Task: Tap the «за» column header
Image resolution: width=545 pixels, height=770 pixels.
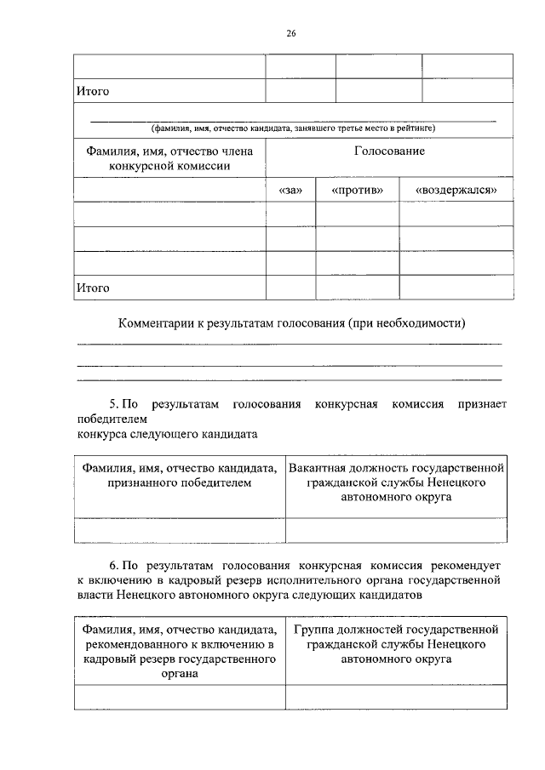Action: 290,190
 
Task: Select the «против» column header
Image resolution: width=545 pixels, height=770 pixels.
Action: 357,190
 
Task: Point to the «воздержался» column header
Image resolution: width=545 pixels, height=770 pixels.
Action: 456,190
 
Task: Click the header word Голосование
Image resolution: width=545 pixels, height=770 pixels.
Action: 389,151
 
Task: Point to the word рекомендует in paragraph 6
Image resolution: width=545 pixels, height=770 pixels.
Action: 468,565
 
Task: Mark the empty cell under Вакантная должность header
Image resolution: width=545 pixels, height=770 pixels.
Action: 398,530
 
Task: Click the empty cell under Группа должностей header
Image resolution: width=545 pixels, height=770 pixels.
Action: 398,698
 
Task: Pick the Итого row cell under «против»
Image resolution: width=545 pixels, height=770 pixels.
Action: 357,288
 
